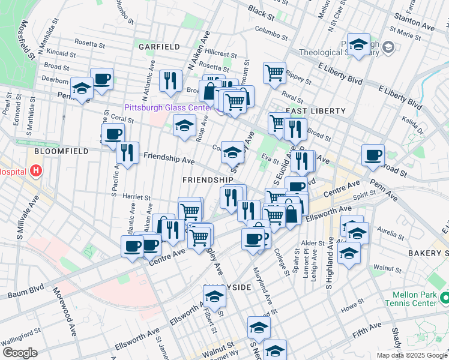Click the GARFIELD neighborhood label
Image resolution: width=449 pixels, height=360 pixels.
pos(159,46)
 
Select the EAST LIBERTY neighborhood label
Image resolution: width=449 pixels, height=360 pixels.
pos(315,111)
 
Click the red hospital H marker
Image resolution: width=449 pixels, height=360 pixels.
pos(36,171)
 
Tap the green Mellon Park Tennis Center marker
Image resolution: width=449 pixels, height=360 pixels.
pos(444,298)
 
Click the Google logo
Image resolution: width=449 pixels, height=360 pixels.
pos(20,352)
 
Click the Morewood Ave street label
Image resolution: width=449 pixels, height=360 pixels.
pos(65,313)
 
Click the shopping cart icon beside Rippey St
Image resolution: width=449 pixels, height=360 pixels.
pos(274,73)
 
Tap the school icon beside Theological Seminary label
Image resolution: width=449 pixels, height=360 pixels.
pos(358,44)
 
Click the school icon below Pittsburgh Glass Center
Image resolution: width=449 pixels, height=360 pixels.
pos(184,126)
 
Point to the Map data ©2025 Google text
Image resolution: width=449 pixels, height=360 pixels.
pos(412,355)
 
